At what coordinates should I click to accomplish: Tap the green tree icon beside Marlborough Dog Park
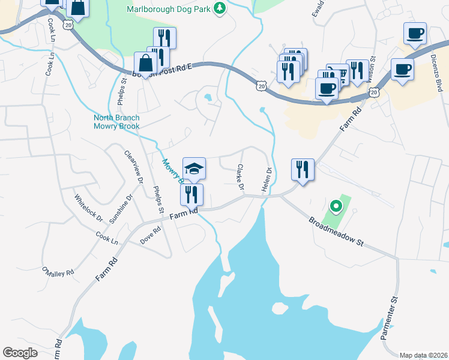(x=220, y=8)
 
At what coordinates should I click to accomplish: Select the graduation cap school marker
(x=194, y=168)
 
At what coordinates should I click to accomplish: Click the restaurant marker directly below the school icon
(x=191, y=194)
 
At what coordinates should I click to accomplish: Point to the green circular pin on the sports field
(x=336, y=208)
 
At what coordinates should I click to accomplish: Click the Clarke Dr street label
(x=240, y=178)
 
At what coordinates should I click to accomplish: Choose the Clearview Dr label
(x=134, y=167)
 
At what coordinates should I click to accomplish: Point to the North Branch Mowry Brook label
(x=116, y=122)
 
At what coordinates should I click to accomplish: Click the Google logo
(x=20, y=353)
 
